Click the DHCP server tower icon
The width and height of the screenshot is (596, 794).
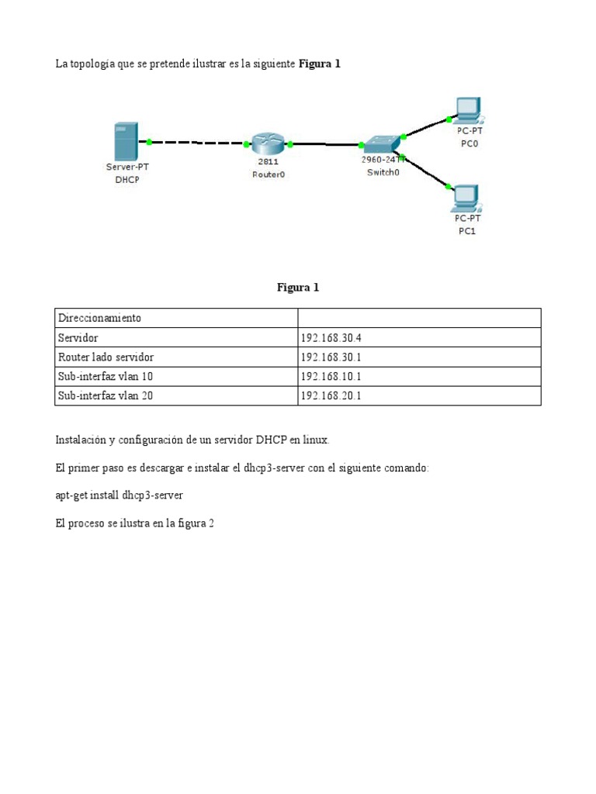point(126,141)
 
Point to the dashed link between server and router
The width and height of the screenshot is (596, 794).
point(198,143)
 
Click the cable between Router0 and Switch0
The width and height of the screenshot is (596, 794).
point(326,144)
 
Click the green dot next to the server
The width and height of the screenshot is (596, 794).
point(150,142)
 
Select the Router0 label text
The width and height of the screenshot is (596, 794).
point(269,174)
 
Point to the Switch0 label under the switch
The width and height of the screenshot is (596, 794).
point(383,172)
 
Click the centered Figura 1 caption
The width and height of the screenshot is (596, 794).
point(298,287)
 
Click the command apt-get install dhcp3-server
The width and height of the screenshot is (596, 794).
point(119,495)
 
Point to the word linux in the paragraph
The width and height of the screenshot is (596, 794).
point(314,440)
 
